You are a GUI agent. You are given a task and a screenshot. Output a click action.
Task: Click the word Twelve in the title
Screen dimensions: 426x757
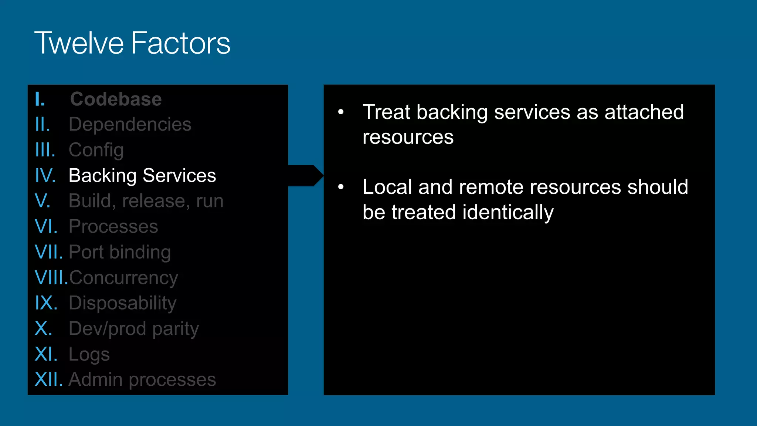tap(79, 43)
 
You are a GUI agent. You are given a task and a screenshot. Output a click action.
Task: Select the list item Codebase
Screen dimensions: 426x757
tap(116, 99)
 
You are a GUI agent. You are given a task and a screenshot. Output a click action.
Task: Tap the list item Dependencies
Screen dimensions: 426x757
tap(130, 124)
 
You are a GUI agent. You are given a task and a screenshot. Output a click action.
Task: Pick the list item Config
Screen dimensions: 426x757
tap(96, 150)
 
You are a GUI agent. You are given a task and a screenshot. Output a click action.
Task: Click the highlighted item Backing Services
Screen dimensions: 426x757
tap(142, 175)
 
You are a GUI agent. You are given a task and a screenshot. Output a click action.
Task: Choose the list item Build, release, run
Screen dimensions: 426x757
tap(146, 201)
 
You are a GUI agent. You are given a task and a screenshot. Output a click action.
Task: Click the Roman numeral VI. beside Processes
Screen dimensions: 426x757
tap(46, 226)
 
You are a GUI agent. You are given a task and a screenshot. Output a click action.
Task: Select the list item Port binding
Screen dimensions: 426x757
tap(120, 252)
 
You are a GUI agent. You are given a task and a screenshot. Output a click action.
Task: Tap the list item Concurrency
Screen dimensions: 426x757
tap(123, 278)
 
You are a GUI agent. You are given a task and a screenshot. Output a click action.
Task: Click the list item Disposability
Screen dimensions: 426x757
tap(122, 303)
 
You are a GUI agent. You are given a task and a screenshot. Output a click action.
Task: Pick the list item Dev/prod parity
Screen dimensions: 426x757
tap(134, 329)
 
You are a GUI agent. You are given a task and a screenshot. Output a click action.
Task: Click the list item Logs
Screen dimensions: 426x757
tap(89, 354)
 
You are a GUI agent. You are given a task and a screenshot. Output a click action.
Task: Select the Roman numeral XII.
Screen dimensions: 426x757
tap(48, 379)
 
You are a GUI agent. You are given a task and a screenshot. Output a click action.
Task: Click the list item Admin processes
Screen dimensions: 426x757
tap(142, 379)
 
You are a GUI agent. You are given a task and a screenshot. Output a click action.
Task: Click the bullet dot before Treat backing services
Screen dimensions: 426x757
tap(341, 112)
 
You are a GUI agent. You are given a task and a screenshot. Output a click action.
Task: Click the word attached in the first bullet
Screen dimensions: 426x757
tap(644, 112)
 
